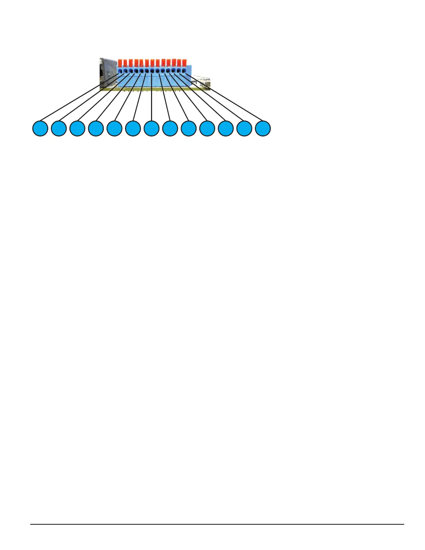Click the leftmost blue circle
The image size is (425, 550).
click(x=40, y=128)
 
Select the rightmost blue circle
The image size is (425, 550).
click(x=263, y=128)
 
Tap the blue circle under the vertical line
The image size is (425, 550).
click(x=151, y=128)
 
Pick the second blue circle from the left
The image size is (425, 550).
click(x=59, y=128)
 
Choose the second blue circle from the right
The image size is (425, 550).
click(x=244, y=128)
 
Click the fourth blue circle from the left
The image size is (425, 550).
click(x=96, y=128)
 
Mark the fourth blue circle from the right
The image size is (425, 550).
click(x=207, y=128)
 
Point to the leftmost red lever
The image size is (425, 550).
click(x=120, y=63)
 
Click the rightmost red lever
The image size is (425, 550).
click(x=184, y=63)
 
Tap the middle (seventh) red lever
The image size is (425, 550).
click(x=152, y=63)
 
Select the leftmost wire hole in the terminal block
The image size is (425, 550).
click(x=120, y=71)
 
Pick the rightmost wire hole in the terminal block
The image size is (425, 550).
click(x=184, y=71)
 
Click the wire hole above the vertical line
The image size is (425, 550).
click(x=152, y=71)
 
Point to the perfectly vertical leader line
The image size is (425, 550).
click(x=152, y=101)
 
